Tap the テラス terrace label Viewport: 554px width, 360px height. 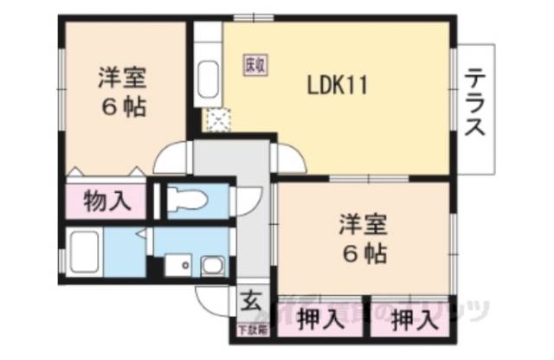pyautogui.click(x=474, y=103)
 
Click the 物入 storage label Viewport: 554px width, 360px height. pyautogui.click(x=107, y=202)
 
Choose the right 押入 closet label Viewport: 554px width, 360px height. pyautogui.click(x=412, y=323)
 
